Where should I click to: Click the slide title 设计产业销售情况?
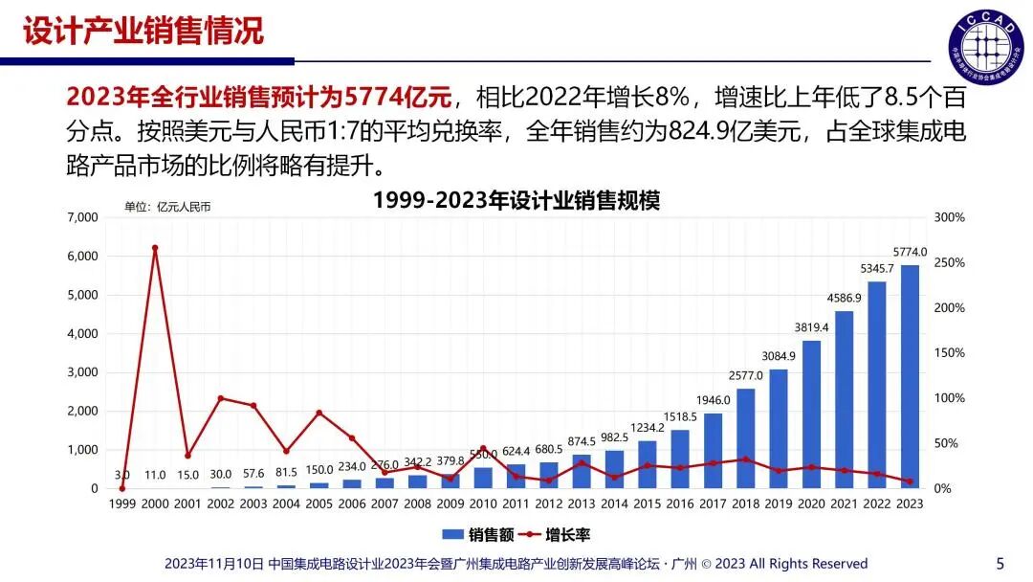[x=143, y=31]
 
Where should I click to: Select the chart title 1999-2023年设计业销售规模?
[x=516, y=201]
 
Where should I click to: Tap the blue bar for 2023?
[x=910, y=376]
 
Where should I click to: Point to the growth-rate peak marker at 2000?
[x=155, y=248]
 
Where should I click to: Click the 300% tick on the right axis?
[x=950, y=217]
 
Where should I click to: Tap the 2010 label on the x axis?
[x=483, y=504]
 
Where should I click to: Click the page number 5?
[x=1000, y=563]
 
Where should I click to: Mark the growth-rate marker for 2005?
[x=319, y=413]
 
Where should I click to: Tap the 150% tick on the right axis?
[x=950, y=353]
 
